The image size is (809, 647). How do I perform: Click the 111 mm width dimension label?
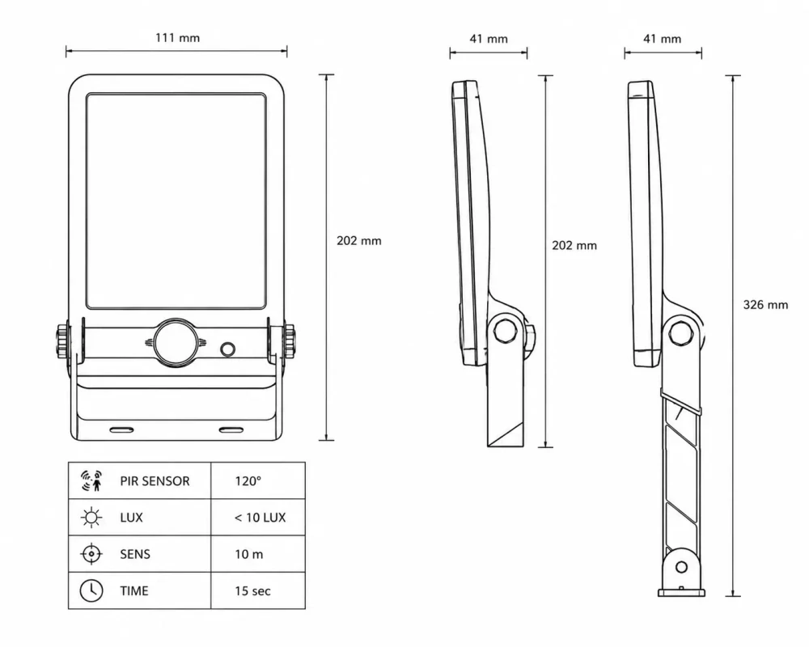[177, 38]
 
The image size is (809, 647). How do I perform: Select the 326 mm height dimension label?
[765, 305]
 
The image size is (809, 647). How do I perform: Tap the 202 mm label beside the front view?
[359, 241]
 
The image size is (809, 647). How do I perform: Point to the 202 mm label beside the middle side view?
[574, 246]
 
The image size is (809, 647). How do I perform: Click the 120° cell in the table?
[248, 481]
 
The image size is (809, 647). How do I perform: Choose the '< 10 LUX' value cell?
[260, 518]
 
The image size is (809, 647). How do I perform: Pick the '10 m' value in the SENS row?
[249, 554]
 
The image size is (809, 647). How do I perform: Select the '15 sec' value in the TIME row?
[252, 590]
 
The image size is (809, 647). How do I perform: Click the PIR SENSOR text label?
[155, 481]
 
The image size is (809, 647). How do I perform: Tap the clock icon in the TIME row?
[91, 590]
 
